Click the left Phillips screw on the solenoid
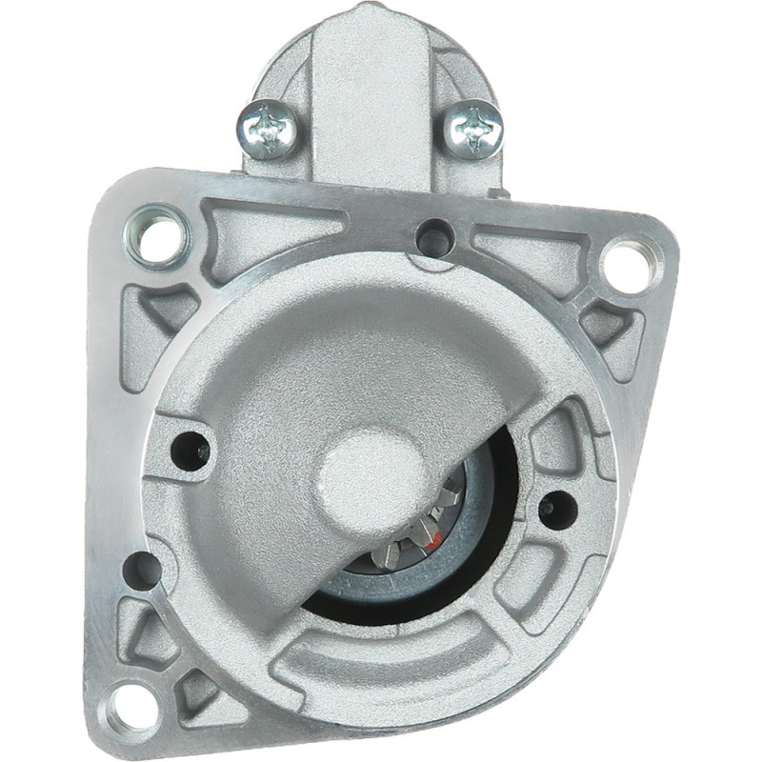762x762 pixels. pos(269,128)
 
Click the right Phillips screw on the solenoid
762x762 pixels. pos(474,128)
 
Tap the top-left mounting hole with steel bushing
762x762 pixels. pos(156,234)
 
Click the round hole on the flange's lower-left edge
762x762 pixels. pos(143,569)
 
